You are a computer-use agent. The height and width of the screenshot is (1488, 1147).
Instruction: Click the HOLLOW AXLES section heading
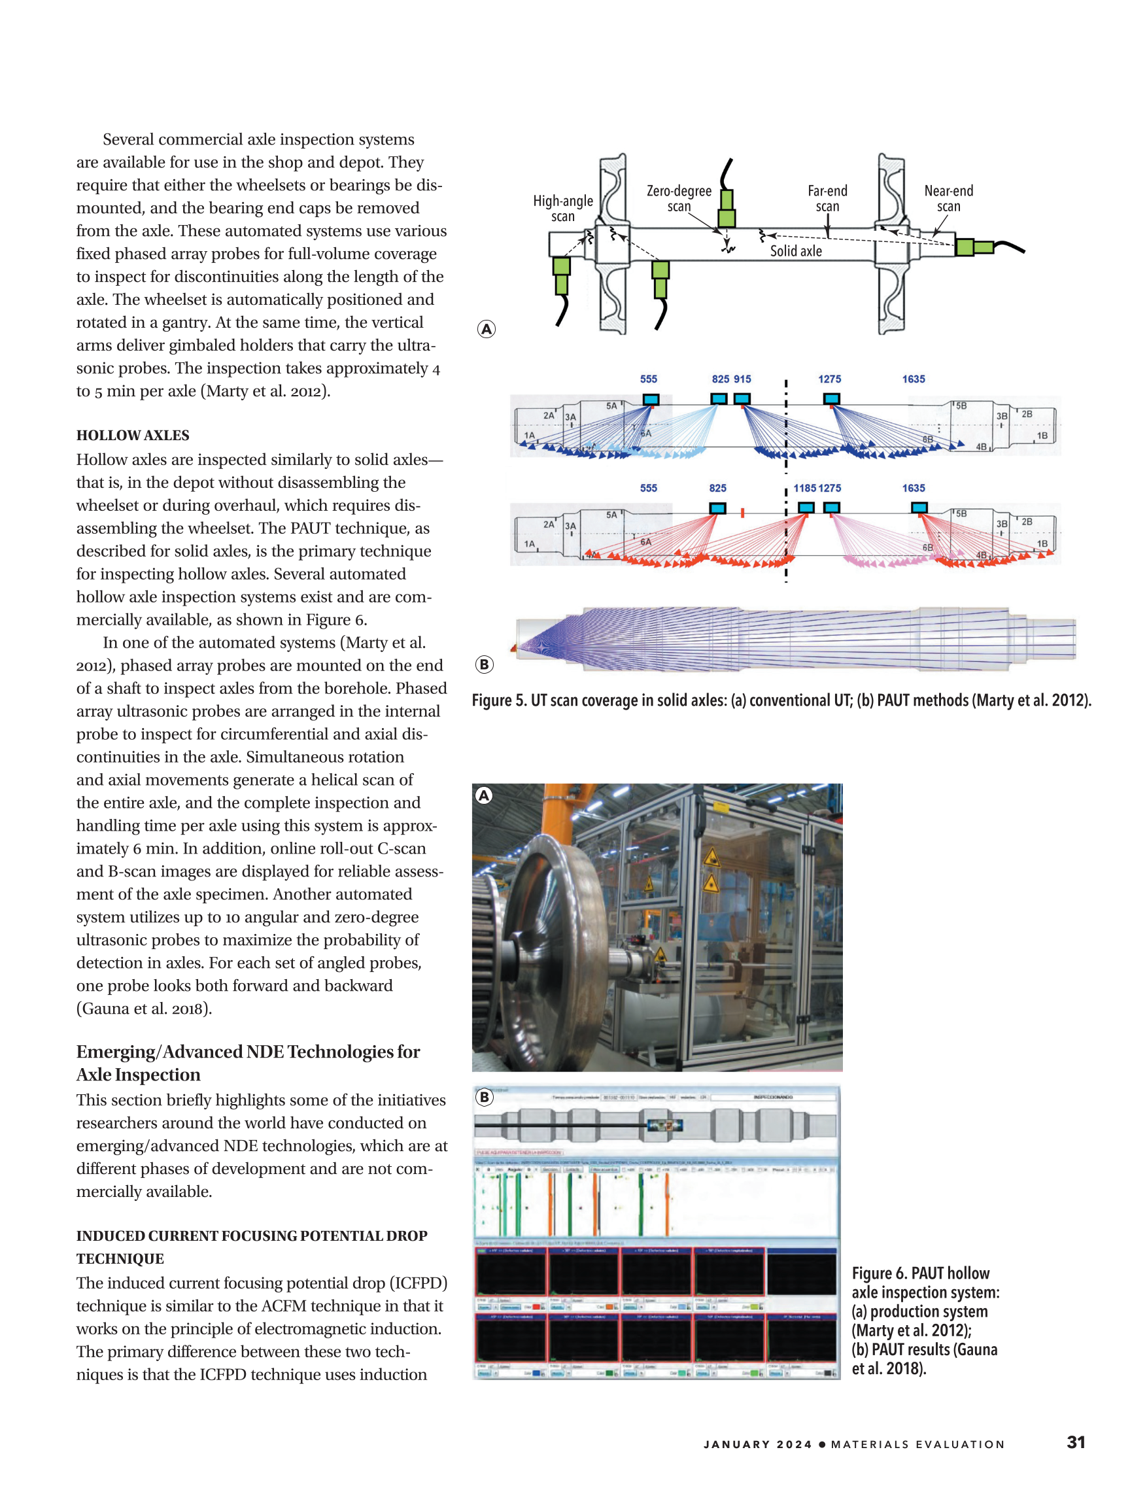(x=133, y=436)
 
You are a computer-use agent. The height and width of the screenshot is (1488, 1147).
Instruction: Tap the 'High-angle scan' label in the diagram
(x=562, y=208)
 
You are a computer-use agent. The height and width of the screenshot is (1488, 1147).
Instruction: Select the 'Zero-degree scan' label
(x=678, y=198)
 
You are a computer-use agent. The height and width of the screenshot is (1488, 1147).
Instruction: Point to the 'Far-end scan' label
(x=828, y=198)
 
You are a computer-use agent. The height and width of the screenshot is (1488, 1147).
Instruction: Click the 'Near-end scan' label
(x=948, y=198)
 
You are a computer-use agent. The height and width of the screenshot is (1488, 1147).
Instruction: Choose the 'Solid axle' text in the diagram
(x=796, y=251)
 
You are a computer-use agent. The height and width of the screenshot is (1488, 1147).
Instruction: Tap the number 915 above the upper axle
(x=742, y=379)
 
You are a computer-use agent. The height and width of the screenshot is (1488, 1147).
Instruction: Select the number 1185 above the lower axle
(x=804, y=488)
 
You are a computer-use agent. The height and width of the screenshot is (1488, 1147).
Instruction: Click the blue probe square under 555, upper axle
(x=651, y=399)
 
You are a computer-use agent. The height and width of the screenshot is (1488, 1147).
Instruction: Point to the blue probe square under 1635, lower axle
(x=919, y=508)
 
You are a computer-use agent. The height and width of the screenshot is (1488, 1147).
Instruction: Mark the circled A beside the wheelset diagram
(x=487, y=329)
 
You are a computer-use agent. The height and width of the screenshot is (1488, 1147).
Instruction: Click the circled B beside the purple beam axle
(x=485, y=665)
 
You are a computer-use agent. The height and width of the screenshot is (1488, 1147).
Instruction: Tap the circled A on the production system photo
(x=485, y=795)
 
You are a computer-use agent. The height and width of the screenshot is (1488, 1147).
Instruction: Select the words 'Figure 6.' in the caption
(x=879, y=1273)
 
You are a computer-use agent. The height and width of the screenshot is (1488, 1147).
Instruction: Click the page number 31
(x=1076, y=1442)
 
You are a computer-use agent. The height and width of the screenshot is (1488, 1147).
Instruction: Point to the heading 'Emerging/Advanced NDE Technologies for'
(x=248, y=1051)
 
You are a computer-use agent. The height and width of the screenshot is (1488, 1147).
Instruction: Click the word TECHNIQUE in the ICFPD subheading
(x=120, y=1258)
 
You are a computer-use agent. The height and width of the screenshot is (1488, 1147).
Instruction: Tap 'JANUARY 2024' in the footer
(x=757, y=1444)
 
